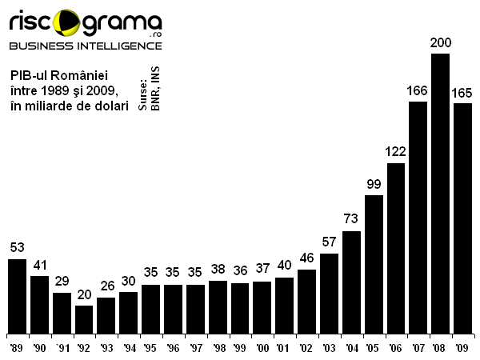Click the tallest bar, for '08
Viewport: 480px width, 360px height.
(x=440, y=193)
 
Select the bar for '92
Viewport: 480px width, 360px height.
(x=84, y=318)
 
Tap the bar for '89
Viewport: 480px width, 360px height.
(x=17, y=295)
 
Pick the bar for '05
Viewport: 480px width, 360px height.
(x=374, y=263)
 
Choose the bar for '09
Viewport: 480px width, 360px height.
(x=462, y=218)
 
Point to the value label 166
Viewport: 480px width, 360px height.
(x=418, y=91)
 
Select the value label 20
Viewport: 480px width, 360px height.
(x=84, y=295)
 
